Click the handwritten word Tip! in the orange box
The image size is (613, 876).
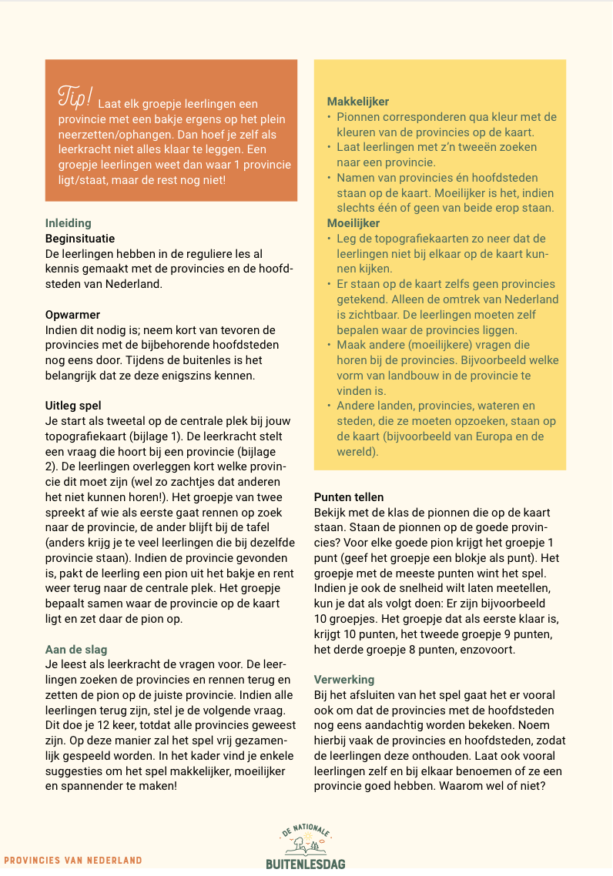pos(75,97)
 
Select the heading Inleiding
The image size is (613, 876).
pos(68,224)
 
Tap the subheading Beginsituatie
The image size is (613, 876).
pos(80,239)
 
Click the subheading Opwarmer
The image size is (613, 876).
pos(72,315)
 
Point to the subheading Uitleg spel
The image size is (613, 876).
pos(73,406)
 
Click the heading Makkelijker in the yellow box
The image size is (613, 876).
pos(357,102)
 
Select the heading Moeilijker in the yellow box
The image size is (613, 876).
pos(353,223)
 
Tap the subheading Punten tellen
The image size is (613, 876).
pos(349,497)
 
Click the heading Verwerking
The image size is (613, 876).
pos(344,680)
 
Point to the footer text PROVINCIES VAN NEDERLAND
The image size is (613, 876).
pos(73,860)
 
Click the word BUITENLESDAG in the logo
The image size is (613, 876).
pos(306,864)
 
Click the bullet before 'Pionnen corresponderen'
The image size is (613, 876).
pos(330,117)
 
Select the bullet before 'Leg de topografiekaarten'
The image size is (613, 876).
pos(330,239)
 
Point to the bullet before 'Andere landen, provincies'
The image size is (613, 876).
pos(330,406)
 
